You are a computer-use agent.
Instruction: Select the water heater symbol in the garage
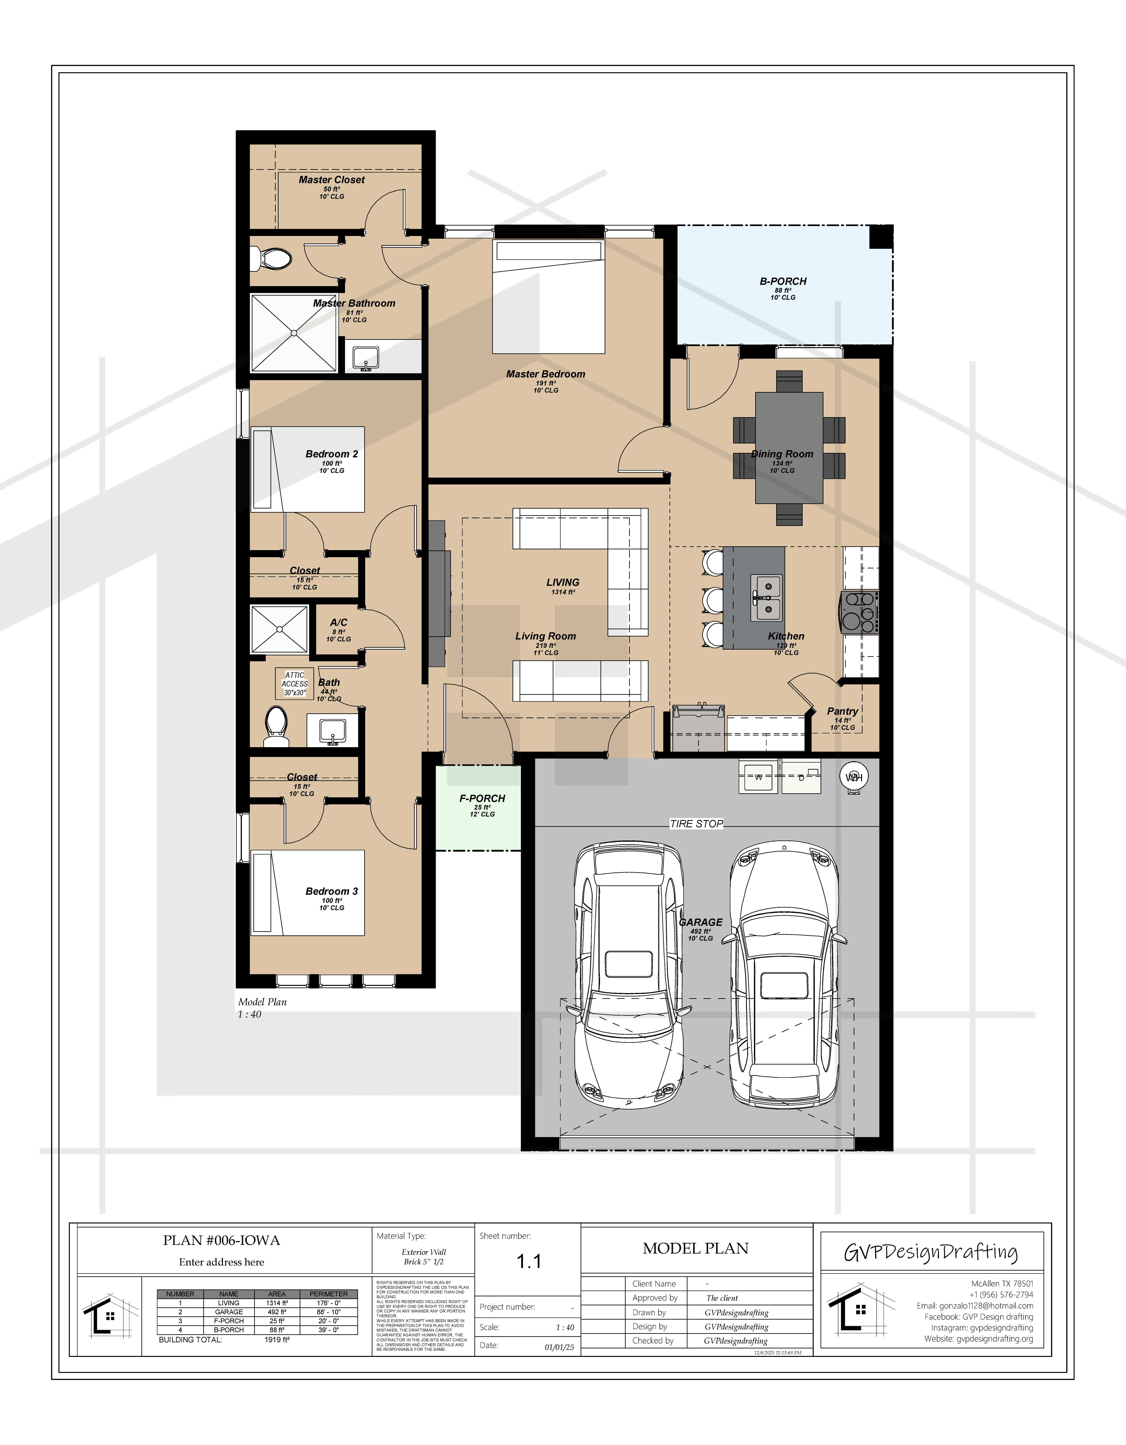coord(854,777)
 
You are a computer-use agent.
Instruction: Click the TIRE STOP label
coord(696,824)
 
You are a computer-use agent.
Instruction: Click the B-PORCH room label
coord(783,281)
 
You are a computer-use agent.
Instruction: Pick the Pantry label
coord(842,711)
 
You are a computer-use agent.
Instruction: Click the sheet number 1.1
coord(529,1262)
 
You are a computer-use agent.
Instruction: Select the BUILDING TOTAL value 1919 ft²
coord(277,1340)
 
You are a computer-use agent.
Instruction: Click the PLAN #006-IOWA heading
coord(222,1241)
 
